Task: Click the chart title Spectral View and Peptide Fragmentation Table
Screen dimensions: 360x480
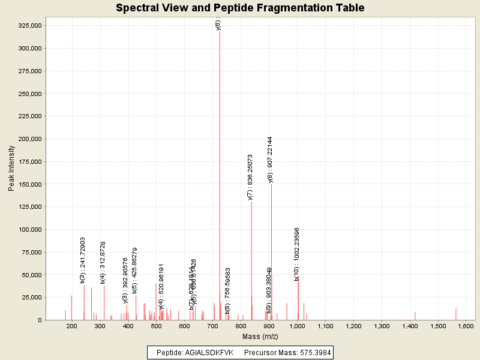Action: pyautogui.click(x=240, y=8)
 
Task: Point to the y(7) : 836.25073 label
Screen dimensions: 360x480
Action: pyautogui.click(x=250, y=177)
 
